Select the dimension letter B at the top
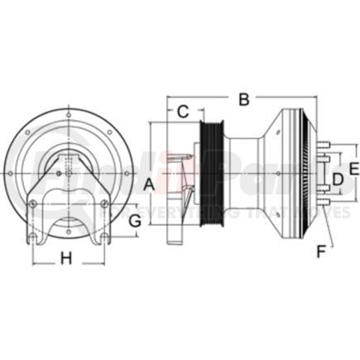[243, 100]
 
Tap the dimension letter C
[184, 109]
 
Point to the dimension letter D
[337, 179]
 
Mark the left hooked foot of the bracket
[31, 240]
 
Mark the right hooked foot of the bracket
[104, 240]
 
